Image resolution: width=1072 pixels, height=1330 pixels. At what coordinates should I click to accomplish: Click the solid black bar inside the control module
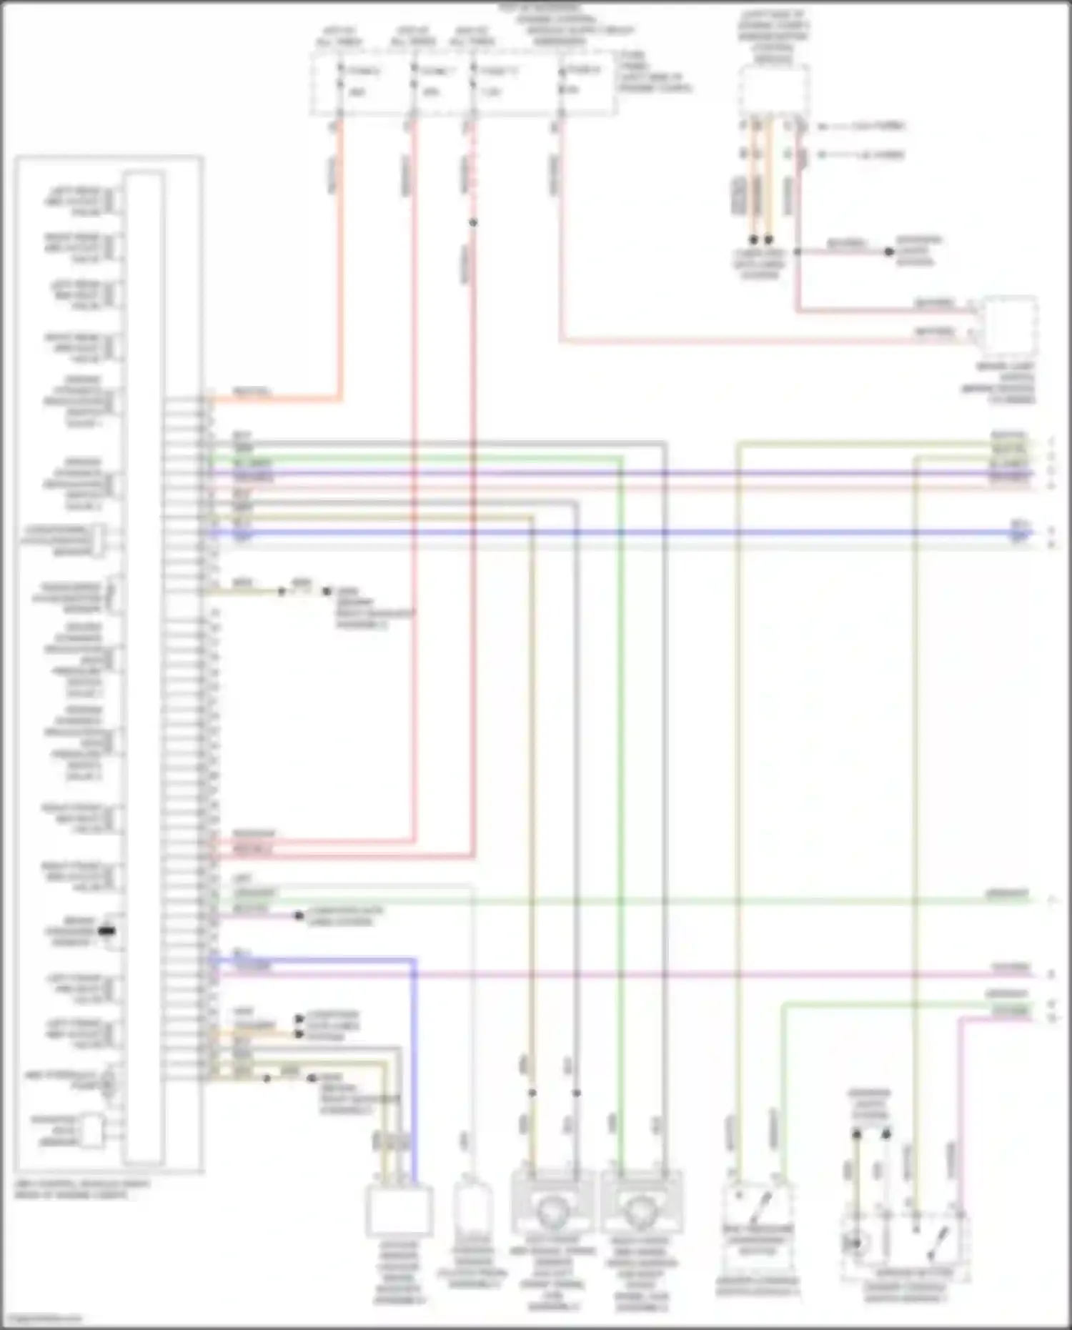pyautogui.click(x=106, y=931)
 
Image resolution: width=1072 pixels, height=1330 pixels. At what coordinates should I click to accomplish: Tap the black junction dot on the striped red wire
pyautogui.click(x=473, y=223)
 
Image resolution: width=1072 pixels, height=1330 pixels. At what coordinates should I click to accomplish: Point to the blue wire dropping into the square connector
pyautogui.click(x=414, y=1072)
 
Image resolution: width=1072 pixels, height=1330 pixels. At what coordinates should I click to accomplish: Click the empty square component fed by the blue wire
pyautogui.click(x=399, y=1211)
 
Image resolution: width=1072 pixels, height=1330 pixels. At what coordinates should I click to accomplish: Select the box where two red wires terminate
pyautogui.click(x=1010, y=326)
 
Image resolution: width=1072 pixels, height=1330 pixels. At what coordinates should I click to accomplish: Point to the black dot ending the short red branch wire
pyautogui.click(x=889, y=252)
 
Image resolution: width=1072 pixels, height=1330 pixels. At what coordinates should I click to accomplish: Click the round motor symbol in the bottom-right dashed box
pyautogui.click(x=855, y=1244)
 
